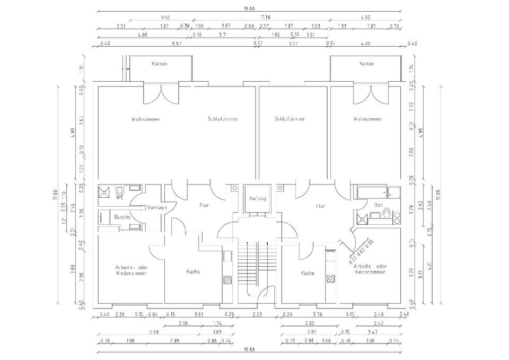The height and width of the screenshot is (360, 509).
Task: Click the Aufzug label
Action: pyautogui.click(x=257, y=198)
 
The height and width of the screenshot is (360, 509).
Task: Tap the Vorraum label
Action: pyautogui.click(x=157, y=207)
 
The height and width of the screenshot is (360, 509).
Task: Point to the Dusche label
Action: pyautogui.click(x=122, y=217)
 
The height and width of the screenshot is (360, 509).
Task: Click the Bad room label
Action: pyautogui.click(x=379, y=204)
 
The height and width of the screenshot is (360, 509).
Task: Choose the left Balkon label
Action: pyautogui.click(x=159, y=64)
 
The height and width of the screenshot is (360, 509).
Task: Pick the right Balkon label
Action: pyautogui.click(x=366, y=64)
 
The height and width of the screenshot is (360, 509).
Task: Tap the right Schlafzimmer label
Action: pyautogui.click(x=289, y=119)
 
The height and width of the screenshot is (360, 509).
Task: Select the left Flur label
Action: pyautogui.click(x=204, y=205)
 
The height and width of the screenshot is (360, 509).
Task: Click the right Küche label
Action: pyautogui.click(x=308, y=274)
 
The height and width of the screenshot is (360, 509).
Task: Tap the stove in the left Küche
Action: pyautogui.click(x=227, y=279)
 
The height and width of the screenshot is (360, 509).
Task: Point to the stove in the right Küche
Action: pyautogui.click(x=330, y=278)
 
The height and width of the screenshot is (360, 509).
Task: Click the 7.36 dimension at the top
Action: pyautogui.click(x=265, y=17)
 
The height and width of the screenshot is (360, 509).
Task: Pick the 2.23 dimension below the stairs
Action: pyautogui.click(x=257, y=315)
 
